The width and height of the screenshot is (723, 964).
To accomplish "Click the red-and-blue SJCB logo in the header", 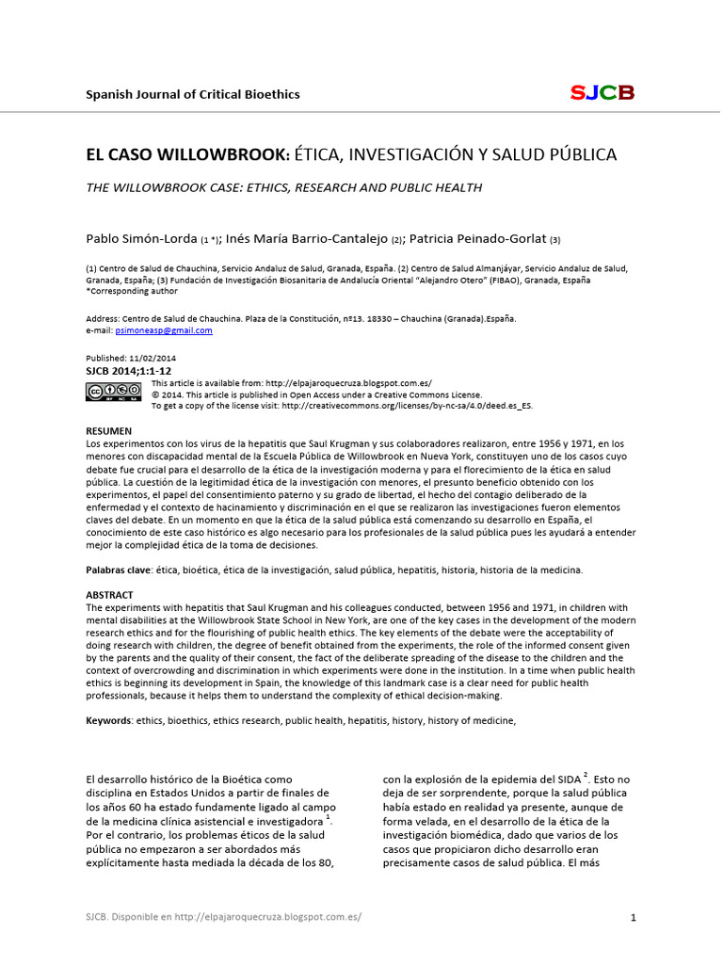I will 602,92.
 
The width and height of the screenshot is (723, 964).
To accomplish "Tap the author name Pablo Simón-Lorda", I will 140,239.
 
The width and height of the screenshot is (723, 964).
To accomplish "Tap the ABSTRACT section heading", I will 109,595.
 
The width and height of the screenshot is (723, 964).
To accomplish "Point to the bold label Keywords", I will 108,720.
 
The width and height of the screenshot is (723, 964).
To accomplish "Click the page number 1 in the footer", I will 634,917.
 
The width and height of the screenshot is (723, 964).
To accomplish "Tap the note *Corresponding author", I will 132,292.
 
